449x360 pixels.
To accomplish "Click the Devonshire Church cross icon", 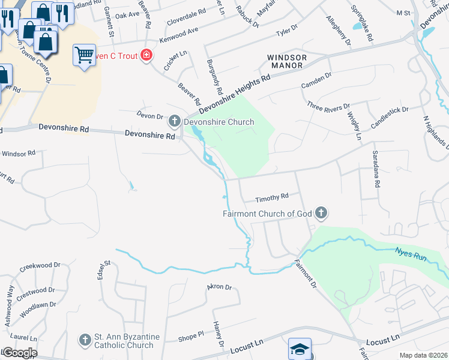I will [175, 122].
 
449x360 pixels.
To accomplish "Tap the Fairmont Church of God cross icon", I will [322, 213].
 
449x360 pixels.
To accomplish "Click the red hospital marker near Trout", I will [146, 56].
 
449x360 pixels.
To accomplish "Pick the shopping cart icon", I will [85, 56].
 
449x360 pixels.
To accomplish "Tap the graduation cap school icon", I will [300, 349].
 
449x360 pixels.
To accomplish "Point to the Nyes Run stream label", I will [411, 253].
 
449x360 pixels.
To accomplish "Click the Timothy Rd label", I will [272, 197].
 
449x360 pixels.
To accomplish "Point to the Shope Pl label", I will [191, 338].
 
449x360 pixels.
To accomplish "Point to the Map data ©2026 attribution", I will [423, 355].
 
